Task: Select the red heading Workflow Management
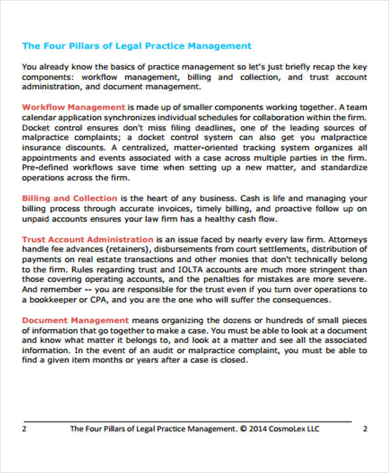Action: (x=73, y=107)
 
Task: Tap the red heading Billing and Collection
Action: (x=70, y=198)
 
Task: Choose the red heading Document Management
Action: (x=75, y=320)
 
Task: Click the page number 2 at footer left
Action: (x=24, y=428)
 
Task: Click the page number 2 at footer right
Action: (x=364, y=428)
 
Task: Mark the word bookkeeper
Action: (x=54, y=300)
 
